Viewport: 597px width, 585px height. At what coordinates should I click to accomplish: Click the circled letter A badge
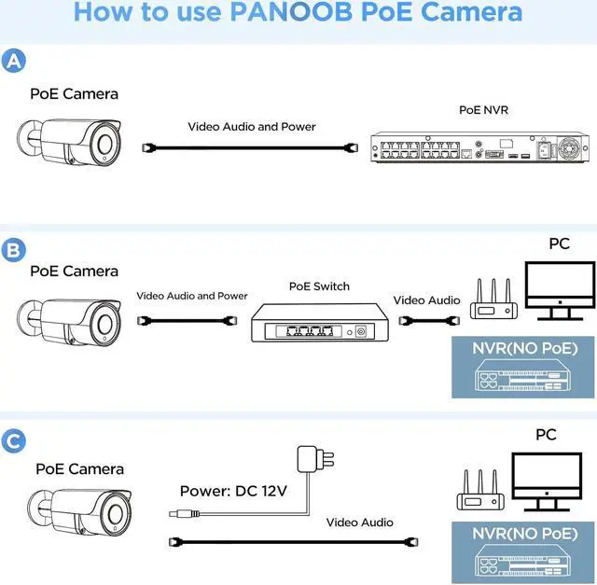point(14,62)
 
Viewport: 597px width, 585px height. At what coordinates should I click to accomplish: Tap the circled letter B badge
point(14,250)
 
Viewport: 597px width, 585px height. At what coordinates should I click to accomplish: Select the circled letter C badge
point(14,441)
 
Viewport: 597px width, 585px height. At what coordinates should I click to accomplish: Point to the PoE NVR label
point(483,109)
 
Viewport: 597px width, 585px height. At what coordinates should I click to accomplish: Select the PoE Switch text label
point(319,286)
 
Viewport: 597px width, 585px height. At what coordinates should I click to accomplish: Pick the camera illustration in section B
point(71,318)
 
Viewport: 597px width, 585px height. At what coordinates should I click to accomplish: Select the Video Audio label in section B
point(426,300)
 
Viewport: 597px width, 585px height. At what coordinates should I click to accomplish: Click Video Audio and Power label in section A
point(252,127)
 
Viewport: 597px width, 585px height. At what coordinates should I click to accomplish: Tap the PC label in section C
point(546,436)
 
